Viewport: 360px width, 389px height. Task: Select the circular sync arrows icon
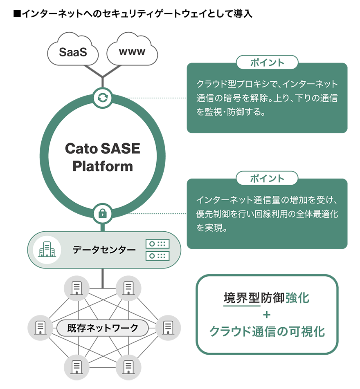click(103, 97)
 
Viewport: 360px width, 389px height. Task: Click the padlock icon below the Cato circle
click(103, 213)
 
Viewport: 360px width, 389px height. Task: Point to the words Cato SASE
click(102, 148)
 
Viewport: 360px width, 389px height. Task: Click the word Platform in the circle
click(102, 166)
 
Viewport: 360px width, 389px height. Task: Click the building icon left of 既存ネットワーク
click(40, 327)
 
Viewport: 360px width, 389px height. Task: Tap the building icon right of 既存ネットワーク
click(168, 327)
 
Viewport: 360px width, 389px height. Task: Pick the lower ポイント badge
click(267, 179)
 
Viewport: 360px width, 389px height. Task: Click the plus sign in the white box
click(267, 315)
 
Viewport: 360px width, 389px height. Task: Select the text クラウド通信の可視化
click(267, 331)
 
